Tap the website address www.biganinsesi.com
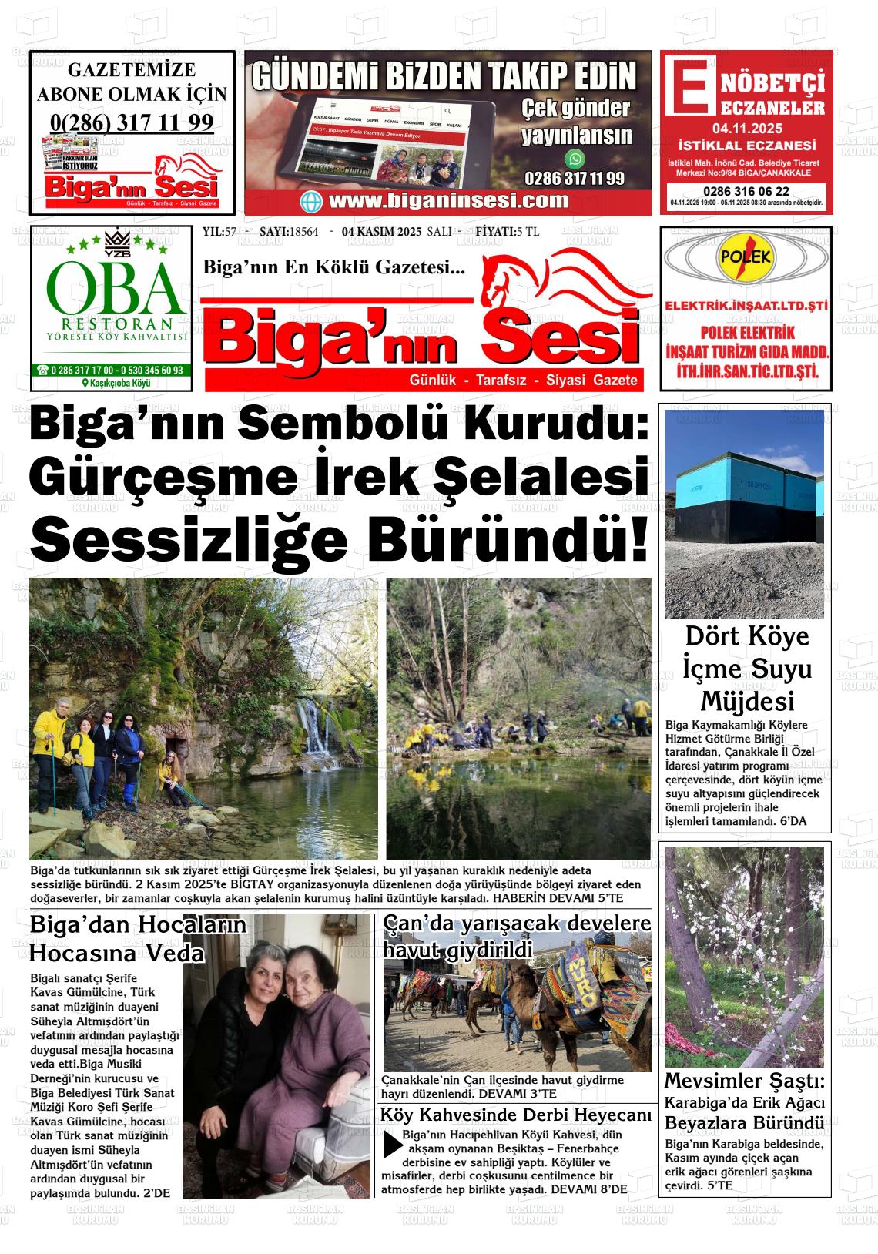pyautogui.click(x=448, y=201)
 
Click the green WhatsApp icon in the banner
pyautogui.click(x=575, y=159)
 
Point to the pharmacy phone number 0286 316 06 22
pyautogui.click(x=746, y=191)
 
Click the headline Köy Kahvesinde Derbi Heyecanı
pyautogui.click(x=516, y=1115)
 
